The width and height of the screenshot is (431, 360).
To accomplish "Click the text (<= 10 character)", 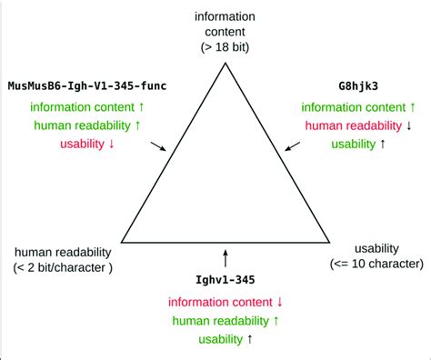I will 376,264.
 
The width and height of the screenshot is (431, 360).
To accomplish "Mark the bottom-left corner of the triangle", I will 122,243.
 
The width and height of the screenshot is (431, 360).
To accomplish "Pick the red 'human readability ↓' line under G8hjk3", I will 357,125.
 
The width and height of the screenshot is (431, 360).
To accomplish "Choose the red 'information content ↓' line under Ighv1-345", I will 226,301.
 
